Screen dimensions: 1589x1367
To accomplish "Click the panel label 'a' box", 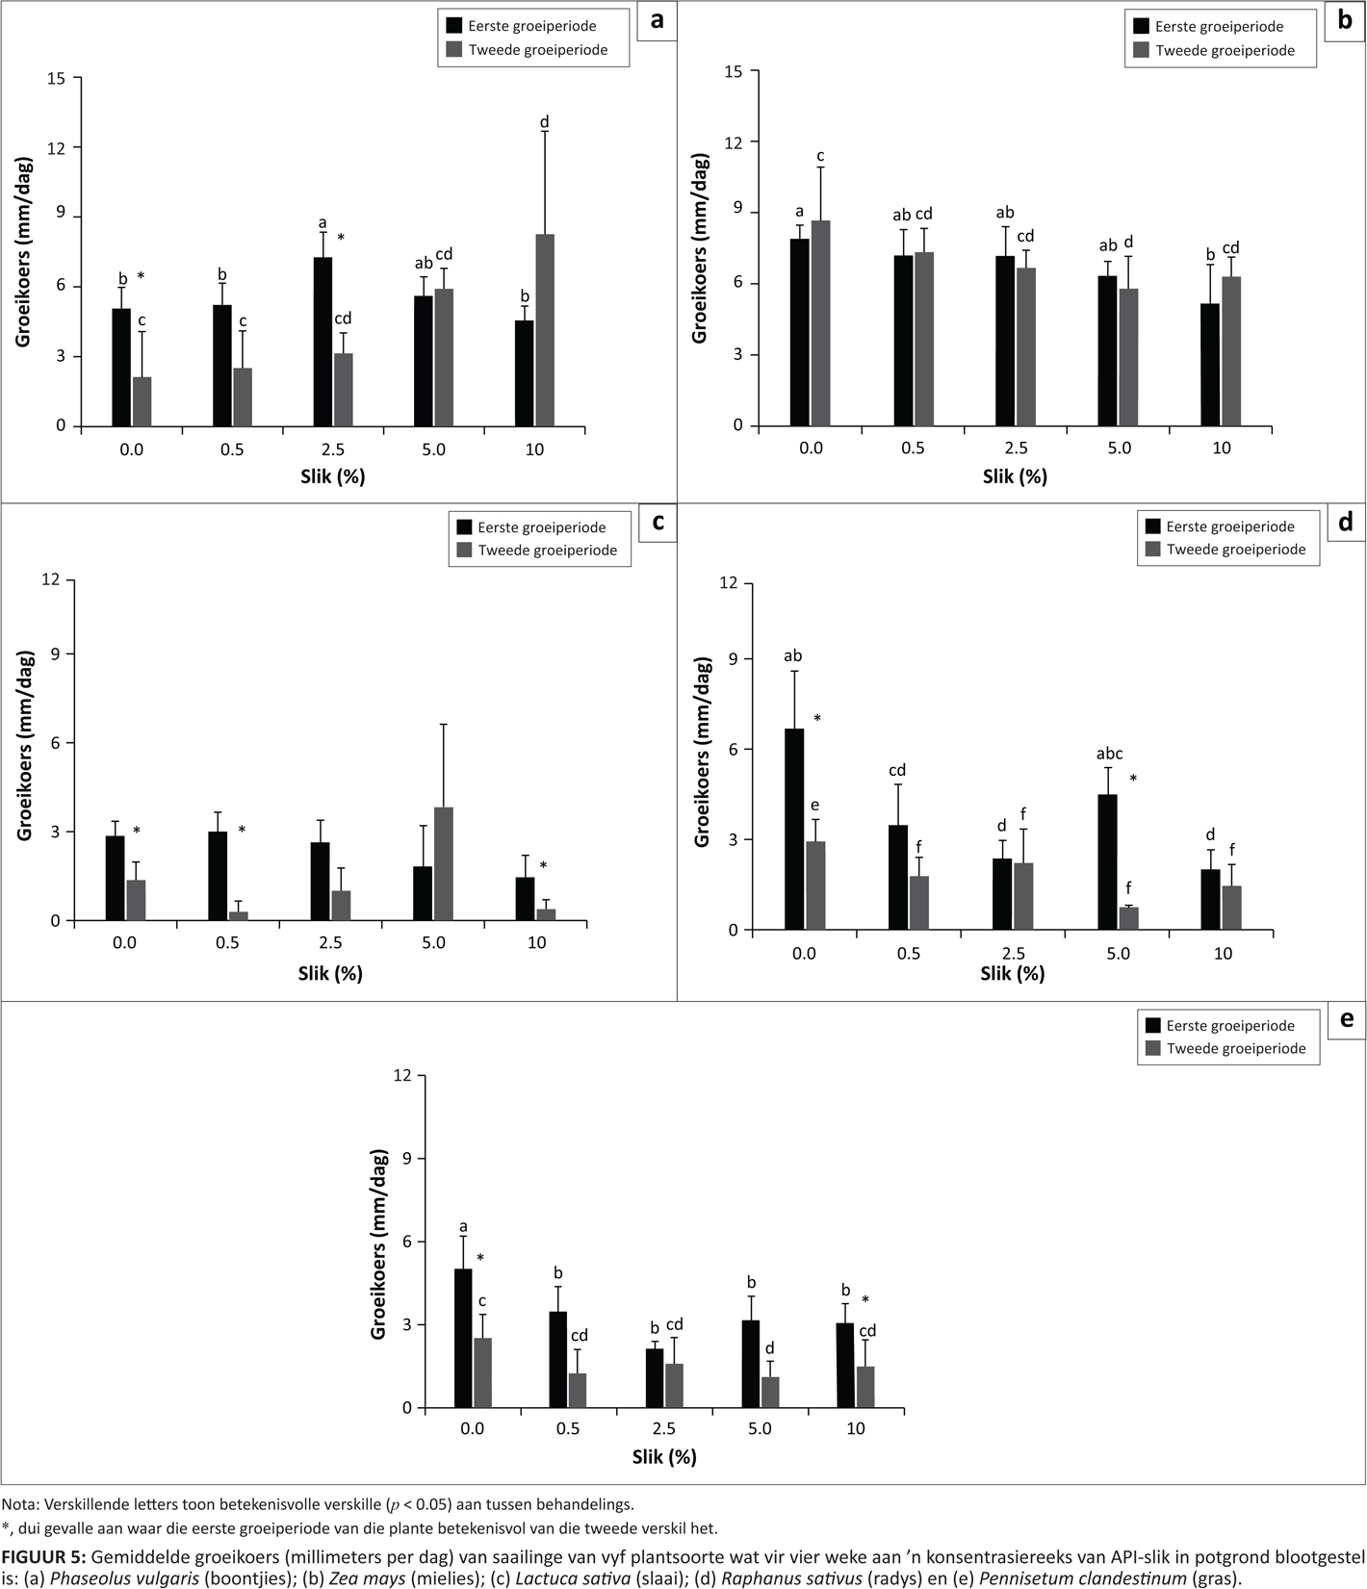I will pos(657,21).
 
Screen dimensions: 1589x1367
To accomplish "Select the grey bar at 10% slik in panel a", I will pos(545,330).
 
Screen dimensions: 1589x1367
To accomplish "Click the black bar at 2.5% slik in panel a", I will pos(323,342).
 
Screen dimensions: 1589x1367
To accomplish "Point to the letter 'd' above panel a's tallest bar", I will pos(545,122).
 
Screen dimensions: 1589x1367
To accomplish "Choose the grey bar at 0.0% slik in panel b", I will pos(820,323).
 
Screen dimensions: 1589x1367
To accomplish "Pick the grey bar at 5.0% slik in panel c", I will pos(443,864).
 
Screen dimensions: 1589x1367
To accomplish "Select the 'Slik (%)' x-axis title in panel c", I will pos(330,973).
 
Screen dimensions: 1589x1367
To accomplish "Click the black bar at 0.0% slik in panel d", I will pos(794,830).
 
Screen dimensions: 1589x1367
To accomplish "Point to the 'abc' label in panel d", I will pos(1109,754).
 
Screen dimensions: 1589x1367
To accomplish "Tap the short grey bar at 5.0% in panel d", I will pos(1128,918).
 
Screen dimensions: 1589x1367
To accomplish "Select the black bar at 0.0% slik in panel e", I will pos(463,1339).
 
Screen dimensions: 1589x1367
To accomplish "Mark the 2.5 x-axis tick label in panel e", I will pos(663,1429).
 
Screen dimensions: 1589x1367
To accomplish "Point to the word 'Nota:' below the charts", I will pos(19,1503).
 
